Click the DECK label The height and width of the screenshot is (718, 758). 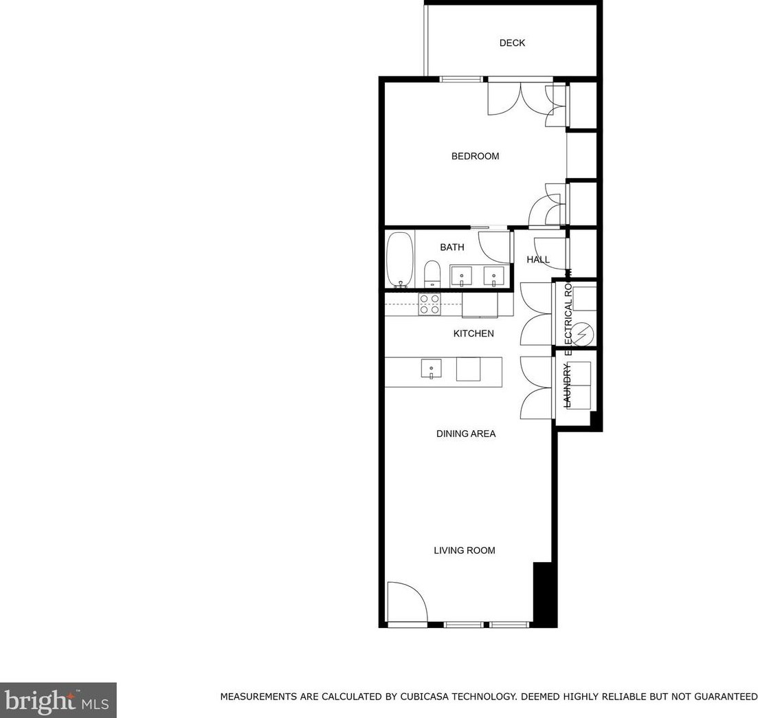click(512, 43)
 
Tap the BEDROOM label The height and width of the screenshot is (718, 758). click(475, 157)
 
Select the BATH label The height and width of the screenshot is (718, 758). click(452, 247)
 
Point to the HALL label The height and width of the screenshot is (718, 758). click(538, 260)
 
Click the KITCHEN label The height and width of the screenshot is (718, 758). click(473, 334)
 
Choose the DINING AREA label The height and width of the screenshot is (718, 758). click(466, 434)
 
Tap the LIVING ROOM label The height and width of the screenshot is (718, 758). click(464, 550)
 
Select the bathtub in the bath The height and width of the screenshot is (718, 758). click(400, 260)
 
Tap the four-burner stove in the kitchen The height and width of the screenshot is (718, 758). click(430, 304)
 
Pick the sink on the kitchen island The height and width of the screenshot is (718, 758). click(431, 369)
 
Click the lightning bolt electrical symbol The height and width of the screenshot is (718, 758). click(583, 334)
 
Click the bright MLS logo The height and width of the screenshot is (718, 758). click(58, 700)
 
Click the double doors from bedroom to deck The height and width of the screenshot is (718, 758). click(520, 98)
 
